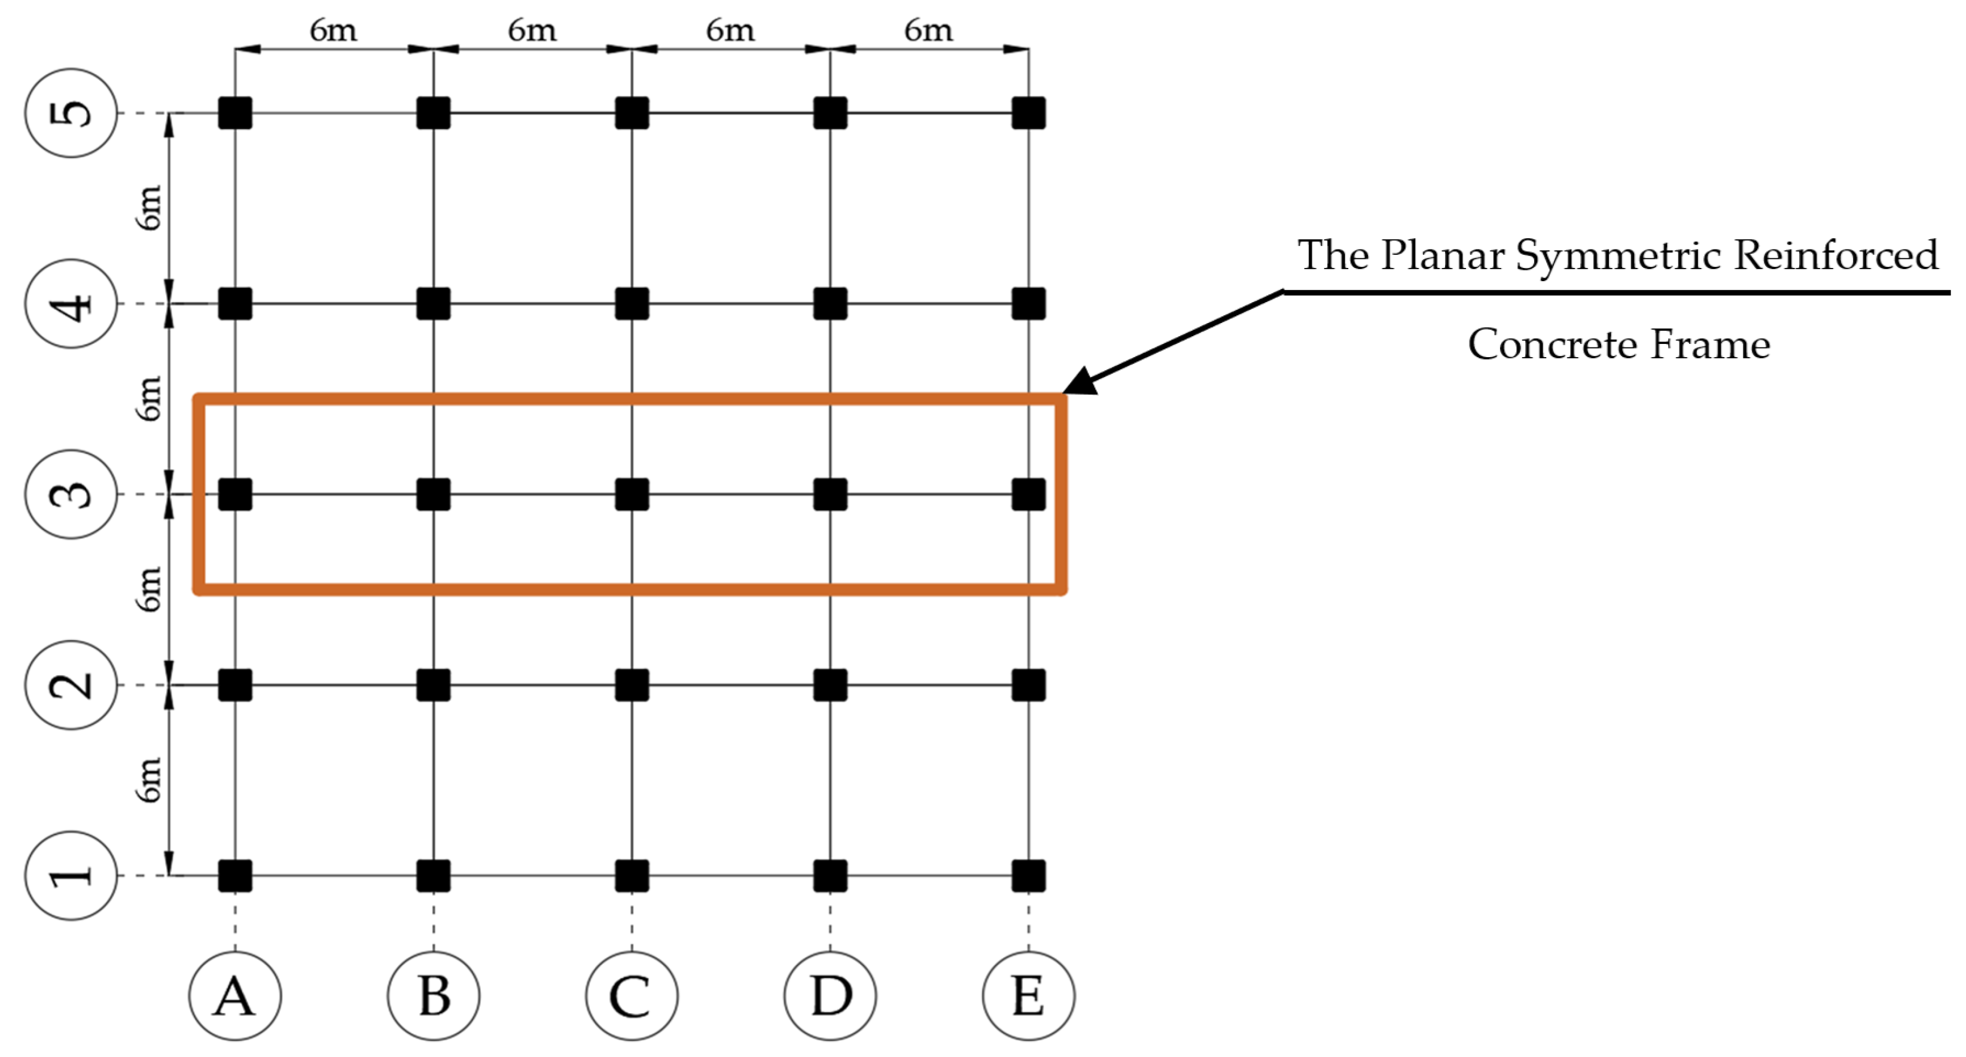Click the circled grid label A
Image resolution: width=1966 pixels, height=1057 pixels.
pyautogui.click(x=235, y=995)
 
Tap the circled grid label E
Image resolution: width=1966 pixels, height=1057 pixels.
pyautogui.click(x=1028, y=995)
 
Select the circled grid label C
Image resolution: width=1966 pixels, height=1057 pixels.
pyautogui.click(x=632, y=995)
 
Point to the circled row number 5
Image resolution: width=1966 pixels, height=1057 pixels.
pyautogui.click(x=71, y=113)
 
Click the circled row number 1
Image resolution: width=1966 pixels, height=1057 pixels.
pyautogui.click(x=71, y=875)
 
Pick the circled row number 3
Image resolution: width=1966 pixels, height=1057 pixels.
pyautogui.click(x=71, y=494)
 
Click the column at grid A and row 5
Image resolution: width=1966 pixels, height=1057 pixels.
pyautogui.click(x=235, y=113)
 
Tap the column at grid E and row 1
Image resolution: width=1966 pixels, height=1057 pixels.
pyautogui.click(x=1028, y=875)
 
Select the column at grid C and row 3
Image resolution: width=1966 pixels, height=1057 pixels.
pyautogui.click(x=632, y=494)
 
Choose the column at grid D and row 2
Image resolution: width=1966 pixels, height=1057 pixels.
pyautogui.click(x=830, y=684)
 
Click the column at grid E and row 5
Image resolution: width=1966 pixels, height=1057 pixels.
pyautogui.click(x=1028, y=113)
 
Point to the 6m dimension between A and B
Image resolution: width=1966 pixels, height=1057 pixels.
pyautogui.click(x=334, y=31)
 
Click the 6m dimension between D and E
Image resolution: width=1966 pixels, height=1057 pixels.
pyautogui.click(x=929, y=31)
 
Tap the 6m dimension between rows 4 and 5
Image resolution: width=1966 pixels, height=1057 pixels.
pyautogui.click(x=150, y=208)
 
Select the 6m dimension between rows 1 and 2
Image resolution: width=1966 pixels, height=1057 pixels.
pyautogui.click(x=150, y=779)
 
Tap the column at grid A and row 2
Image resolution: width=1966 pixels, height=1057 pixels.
pyautogui.click(x=235, y=684)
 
